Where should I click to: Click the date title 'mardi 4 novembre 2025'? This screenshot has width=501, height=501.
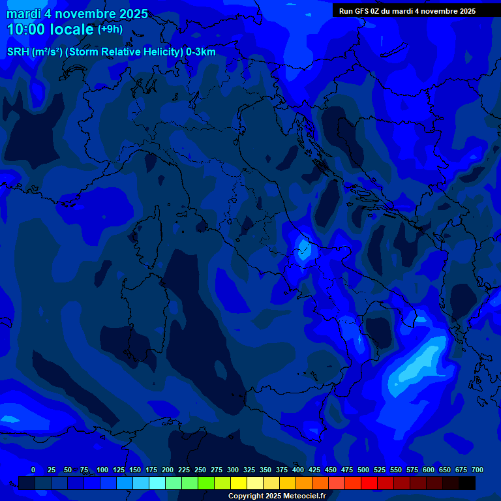[x=77, y=14]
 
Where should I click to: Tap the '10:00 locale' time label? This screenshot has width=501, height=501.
[x=50, y=29]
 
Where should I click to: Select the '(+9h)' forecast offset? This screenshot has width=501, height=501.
[x=110, y=29]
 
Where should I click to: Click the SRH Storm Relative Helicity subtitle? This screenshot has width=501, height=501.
[x=111, y=52]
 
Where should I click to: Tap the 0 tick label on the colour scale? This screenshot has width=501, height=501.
[x=33, y=470]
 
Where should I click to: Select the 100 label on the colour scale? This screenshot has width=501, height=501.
[x=102, y=470]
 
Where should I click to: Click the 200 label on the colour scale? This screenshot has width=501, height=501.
[x=168, y=470]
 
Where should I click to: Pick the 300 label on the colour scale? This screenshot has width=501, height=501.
[x=233, y=470]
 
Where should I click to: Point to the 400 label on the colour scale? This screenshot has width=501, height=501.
[x=298, y=470]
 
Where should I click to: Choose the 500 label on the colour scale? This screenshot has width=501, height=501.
[x=363, y=470]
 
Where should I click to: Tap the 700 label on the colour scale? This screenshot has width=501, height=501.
[x=478, y=470]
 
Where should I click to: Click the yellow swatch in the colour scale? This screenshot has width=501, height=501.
[x=239, y=483]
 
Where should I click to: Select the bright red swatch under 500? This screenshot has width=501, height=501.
[x=369, y=483]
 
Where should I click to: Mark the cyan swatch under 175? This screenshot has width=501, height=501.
[x=157, y=483]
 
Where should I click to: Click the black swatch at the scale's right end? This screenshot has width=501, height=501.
[x=467, y=483]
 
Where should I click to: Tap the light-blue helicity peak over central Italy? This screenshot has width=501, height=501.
[x=303, y=248]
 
